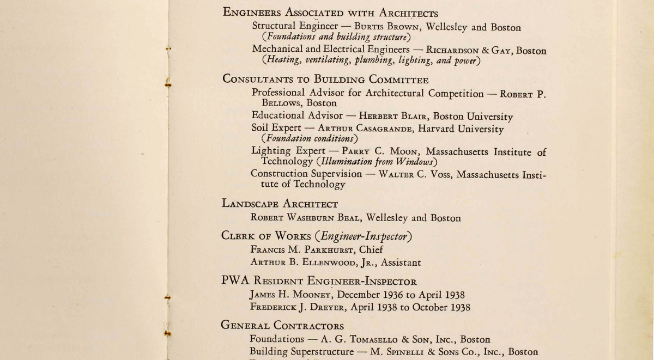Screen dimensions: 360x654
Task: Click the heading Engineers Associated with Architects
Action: [x=330, y=13]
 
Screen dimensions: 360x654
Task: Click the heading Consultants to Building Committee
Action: [x=325, y=80]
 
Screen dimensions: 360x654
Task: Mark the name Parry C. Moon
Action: [x=380, y=152]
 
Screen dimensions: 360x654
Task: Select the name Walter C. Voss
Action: [x=410, y=174]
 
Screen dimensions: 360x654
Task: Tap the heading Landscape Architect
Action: [x=280, y=204]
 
